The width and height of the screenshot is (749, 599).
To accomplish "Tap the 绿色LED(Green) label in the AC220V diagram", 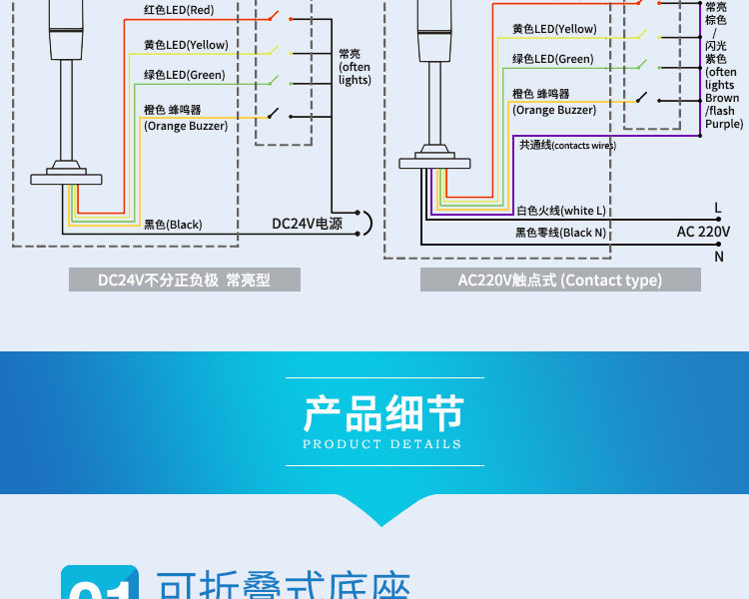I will (552, 59).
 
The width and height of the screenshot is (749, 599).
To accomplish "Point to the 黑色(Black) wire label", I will (173, 225).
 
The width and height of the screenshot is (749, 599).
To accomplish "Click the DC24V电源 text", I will (307, 224).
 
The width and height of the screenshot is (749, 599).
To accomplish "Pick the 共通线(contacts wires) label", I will (566, 145).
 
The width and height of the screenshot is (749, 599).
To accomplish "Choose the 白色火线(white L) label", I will (561, 211).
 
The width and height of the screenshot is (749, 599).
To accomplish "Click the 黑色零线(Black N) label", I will (561, 233).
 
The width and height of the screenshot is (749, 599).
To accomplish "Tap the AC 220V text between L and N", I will (703, 232).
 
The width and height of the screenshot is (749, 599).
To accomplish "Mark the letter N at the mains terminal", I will (718, 256).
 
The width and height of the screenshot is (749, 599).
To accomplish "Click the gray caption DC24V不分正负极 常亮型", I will (185, 280).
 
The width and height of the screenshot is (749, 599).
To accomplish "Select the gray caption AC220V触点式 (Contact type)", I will (560, 280).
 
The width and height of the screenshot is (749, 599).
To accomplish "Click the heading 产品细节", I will (384, 413).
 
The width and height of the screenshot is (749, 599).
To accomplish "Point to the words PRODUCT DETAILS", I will (382, 444).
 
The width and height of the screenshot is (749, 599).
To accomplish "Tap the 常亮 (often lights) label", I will (354, 67).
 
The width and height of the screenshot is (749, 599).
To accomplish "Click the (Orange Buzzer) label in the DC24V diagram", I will (186, 126).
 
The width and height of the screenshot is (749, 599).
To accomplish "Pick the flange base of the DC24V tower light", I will (67, 178).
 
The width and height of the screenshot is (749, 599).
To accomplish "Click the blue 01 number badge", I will (101, 585).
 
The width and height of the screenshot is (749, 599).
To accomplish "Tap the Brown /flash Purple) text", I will (723, 111).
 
